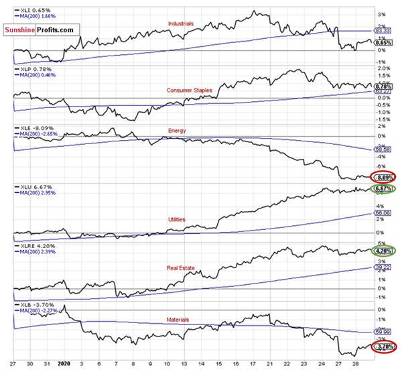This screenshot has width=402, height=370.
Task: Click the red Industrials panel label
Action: click(x=182, y=23)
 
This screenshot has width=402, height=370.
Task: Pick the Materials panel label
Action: click(x=179, y=320)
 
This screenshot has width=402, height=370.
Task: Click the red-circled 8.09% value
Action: click(x=384, y=178)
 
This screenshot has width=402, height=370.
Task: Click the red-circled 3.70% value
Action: click(x=384, y=347)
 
